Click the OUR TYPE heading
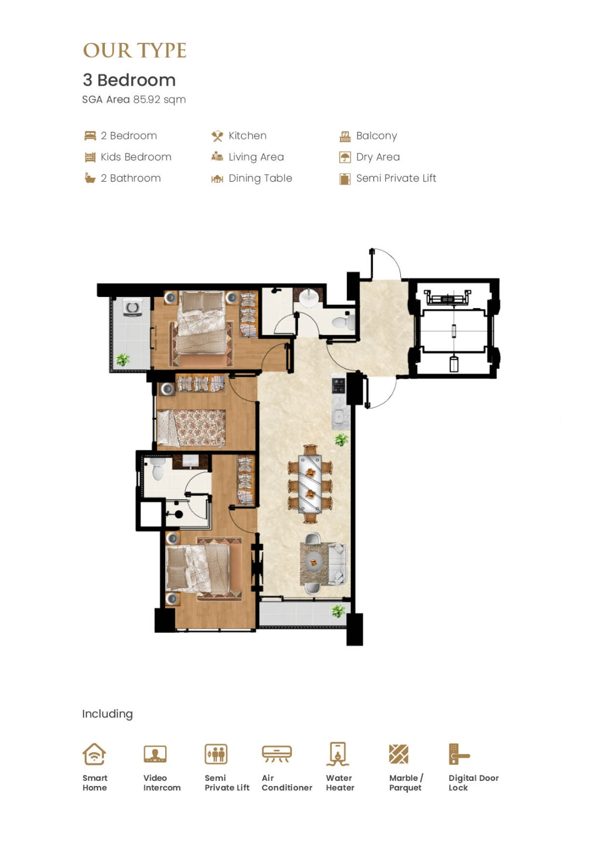pyautogui.click(x=135, y=50)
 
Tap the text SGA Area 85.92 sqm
pyautogui.click(x=134, y=100)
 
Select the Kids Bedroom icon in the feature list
pyautogui.click(x=90, y=157)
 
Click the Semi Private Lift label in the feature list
pyautogui.click(x=396, y=178)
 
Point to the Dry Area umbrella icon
pyautogui.click(x=345, y=157)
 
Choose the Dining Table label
pyautogui.click(x=261, y=178)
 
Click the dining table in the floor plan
pyautogui.click(x=310, y=484)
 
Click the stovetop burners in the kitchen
pyautogui.click(x=338, y=386)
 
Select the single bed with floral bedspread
pyautogui.click(x=191, y=428)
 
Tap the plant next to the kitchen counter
pyautogui.click(x=341, y=439)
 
